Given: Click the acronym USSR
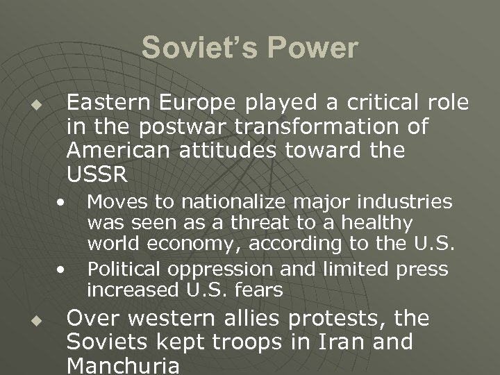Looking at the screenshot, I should coord(97,174).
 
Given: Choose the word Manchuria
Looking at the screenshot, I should coord(123,365).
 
